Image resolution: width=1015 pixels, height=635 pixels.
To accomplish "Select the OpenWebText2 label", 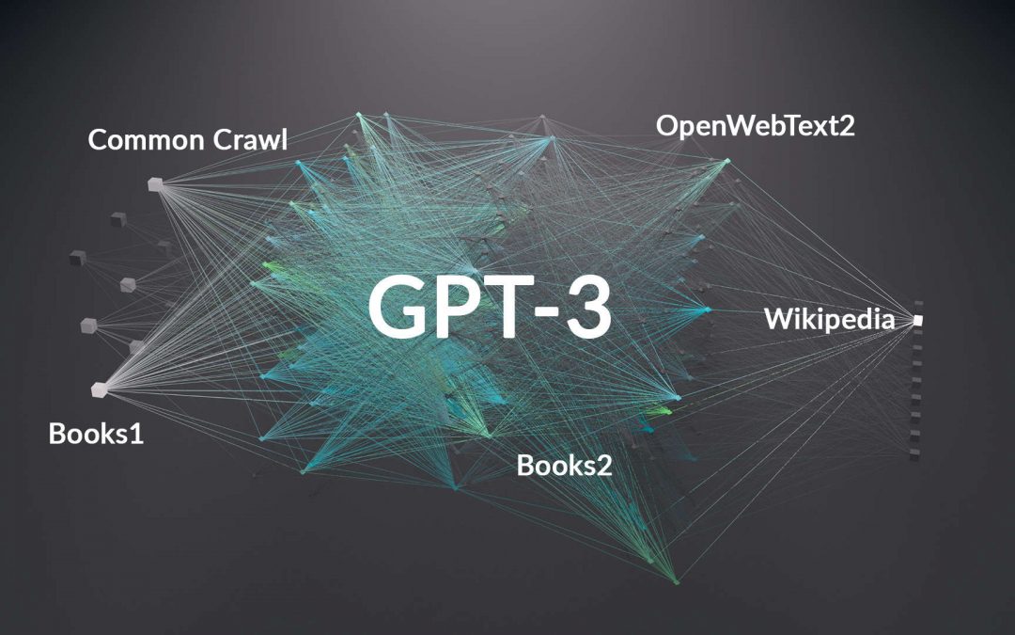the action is tap(755, 126).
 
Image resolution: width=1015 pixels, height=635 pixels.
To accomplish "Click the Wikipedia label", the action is tap(829, 320).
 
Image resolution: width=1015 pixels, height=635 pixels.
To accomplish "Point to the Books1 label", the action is tap(96, 434).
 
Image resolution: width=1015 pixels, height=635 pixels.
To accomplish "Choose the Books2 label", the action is tap(565, 466).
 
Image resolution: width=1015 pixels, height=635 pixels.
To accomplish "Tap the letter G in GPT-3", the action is tap(398, 307).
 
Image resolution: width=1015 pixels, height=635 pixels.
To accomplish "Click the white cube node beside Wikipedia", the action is tap(917, 320).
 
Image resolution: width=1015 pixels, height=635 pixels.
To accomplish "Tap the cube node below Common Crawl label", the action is tap(155, 184).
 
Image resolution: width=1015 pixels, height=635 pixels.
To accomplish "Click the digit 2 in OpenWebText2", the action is tap(847, 126).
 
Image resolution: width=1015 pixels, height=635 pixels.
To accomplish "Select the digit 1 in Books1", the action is tap(136, 434).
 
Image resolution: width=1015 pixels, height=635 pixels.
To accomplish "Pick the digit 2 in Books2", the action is tap(604, 466).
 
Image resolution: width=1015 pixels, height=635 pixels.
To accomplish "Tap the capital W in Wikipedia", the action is tap(779, 318).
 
